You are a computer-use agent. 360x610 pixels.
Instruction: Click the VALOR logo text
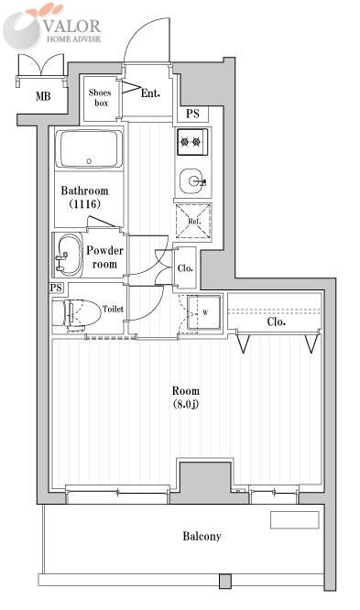point(72,26)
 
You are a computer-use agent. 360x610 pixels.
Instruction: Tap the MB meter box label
point(43,95)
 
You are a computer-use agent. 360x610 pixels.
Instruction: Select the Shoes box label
point(100,98)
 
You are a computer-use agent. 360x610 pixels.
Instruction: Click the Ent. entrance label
point(150,93)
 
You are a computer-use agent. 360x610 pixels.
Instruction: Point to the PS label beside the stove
point(192,114)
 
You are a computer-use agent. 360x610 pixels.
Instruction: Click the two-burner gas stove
point(192,142)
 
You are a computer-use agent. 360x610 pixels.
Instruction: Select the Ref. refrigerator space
point(193,222)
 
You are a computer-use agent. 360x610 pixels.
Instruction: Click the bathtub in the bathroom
point(89,148)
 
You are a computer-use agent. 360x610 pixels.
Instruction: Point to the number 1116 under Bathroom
point(85,203)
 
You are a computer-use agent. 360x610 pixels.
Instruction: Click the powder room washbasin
point(69,255)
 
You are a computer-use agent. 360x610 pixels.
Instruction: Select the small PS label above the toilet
point(57,288)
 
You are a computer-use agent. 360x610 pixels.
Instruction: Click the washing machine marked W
point(204,312)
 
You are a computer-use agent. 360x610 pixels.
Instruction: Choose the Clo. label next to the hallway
point(185,268)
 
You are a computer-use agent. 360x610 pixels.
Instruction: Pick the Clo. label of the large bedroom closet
point(277,321)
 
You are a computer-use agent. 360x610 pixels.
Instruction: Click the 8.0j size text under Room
point(186,404)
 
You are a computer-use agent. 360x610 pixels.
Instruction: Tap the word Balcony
point(202,536)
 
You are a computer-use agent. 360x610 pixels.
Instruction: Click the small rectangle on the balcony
point(295,519)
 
